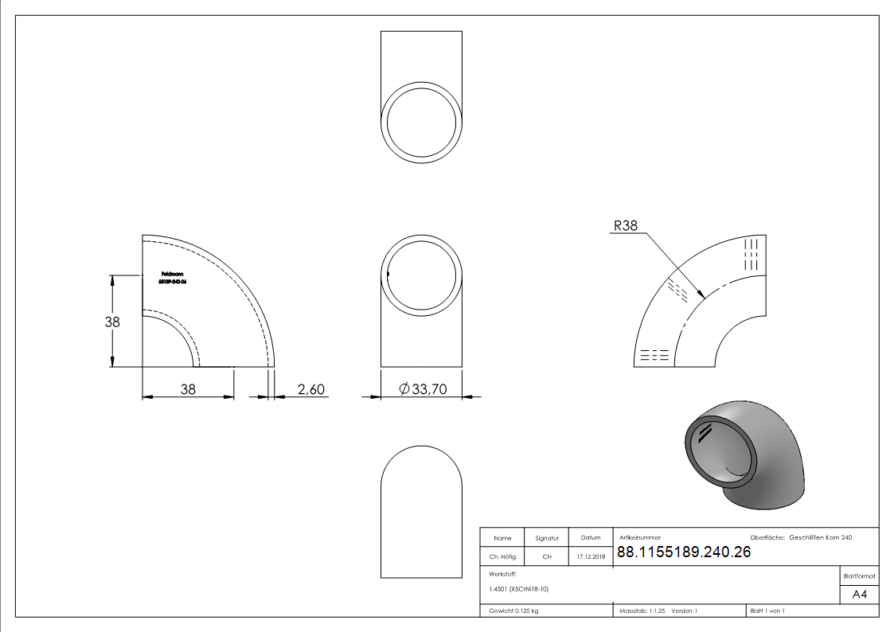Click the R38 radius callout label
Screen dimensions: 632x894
coord(625,226)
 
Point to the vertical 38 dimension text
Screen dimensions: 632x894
coord(113,322)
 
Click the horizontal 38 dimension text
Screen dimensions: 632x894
coord(187,388)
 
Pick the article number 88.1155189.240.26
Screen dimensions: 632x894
coord(684,552)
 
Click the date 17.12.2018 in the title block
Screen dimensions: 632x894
coord(591,557)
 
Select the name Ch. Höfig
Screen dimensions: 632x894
coord(502,557)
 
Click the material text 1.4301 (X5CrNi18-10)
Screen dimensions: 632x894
coord(519,589)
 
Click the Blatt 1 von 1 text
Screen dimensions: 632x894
coord(767,611)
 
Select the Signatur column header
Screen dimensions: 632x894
coord(547,538)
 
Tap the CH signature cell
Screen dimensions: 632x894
coord(547,557)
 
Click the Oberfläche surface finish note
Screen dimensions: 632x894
coord(801,538)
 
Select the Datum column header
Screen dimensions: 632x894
coord(591,538)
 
